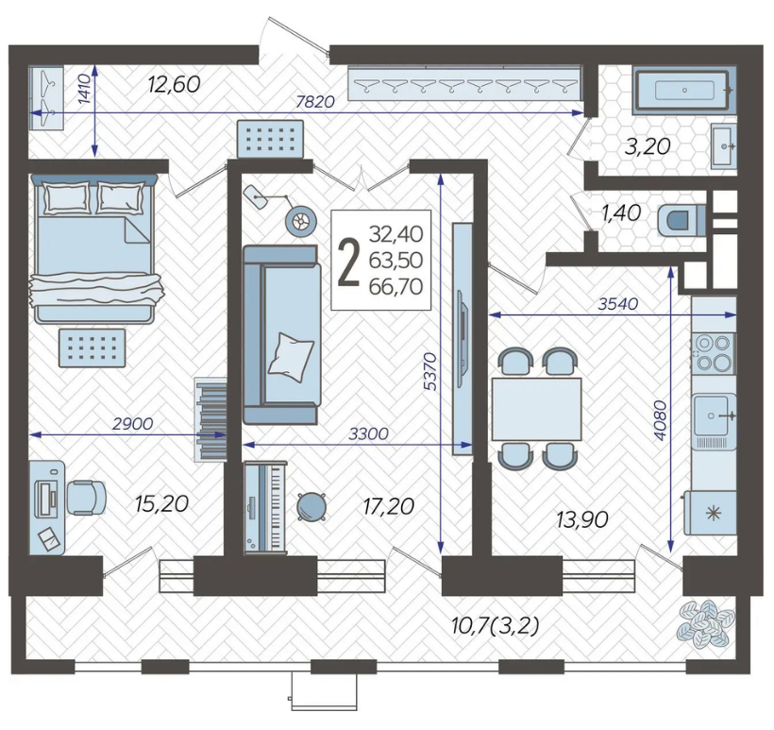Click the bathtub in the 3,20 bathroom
684,90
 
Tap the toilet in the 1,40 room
681,220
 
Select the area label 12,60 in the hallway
175,84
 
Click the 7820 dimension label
315,102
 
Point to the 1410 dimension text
85,89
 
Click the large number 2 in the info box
349,261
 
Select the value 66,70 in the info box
395,286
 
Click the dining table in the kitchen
536,409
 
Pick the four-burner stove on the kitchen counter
714,352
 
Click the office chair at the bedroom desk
86,498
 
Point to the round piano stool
311,507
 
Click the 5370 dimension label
430,371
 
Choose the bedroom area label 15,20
162,503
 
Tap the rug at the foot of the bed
92,348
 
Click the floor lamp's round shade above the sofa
300,221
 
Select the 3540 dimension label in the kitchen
618,304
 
